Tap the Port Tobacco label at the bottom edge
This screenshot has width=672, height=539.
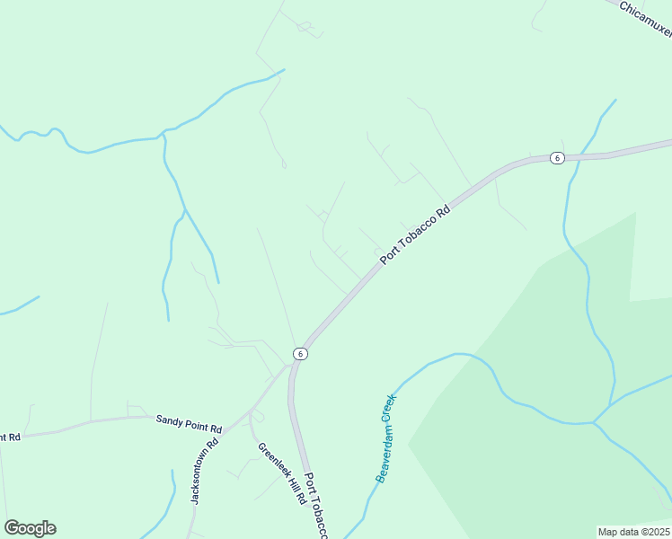click(x=316, y=506)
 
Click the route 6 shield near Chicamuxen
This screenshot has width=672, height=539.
click(x=557, y=158)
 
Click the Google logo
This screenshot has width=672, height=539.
click(x=30, y=528)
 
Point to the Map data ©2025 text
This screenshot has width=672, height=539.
click(x=633, y=532)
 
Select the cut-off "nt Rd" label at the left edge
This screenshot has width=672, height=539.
click(x=10, y=437)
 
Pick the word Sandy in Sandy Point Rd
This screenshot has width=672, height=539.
click(x=170, y=420)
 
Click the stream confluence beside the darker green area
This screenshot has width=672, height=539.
click(x=594, y=421)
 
